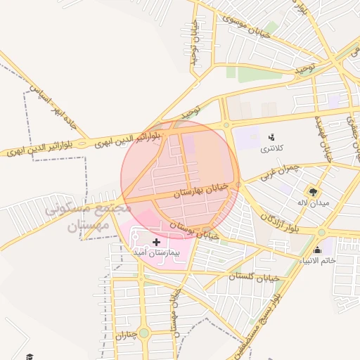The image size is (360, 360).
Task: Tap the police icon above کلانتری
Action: click(x=272, y=136)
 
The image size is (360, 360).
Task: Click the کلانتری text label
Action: click(x=272, y=148)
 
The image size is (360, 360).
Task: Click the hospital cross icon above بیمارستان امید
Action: click(x=156, y=242)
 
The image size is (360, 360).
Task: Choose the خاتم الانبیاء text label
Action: click(x=317, y=262)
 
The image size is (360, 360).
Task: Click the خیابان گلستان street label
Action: click(x=254, y=277)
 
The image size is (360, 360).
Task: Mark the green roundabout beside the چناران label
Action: click(x=144, y=333)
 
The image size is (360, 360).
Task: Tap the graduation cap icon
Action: click(x=29, y=356)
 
